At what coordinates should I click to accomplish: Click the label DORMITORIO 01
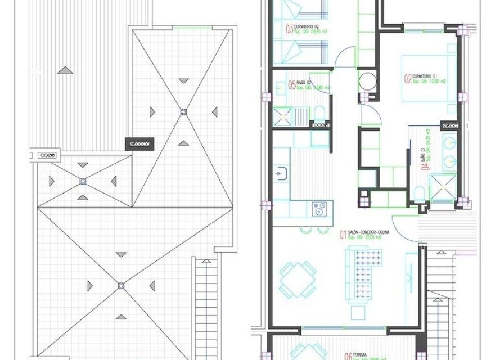[x=425, y=75]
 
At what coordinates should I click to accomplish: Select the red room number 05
[x=291, y=85]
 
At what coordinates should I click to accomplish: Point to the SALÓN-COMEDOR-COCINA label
[x=368, y=232]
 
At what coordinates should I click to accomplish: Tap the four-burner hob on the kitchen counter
[x=320, y=209]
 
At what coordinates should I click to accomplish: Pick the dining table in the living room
[x=298, y=280]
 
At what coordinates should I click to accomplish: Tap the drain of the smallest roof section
[x=83, y=181]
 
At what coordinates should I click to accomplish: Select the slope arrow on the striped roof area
[x=66, y=70]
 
